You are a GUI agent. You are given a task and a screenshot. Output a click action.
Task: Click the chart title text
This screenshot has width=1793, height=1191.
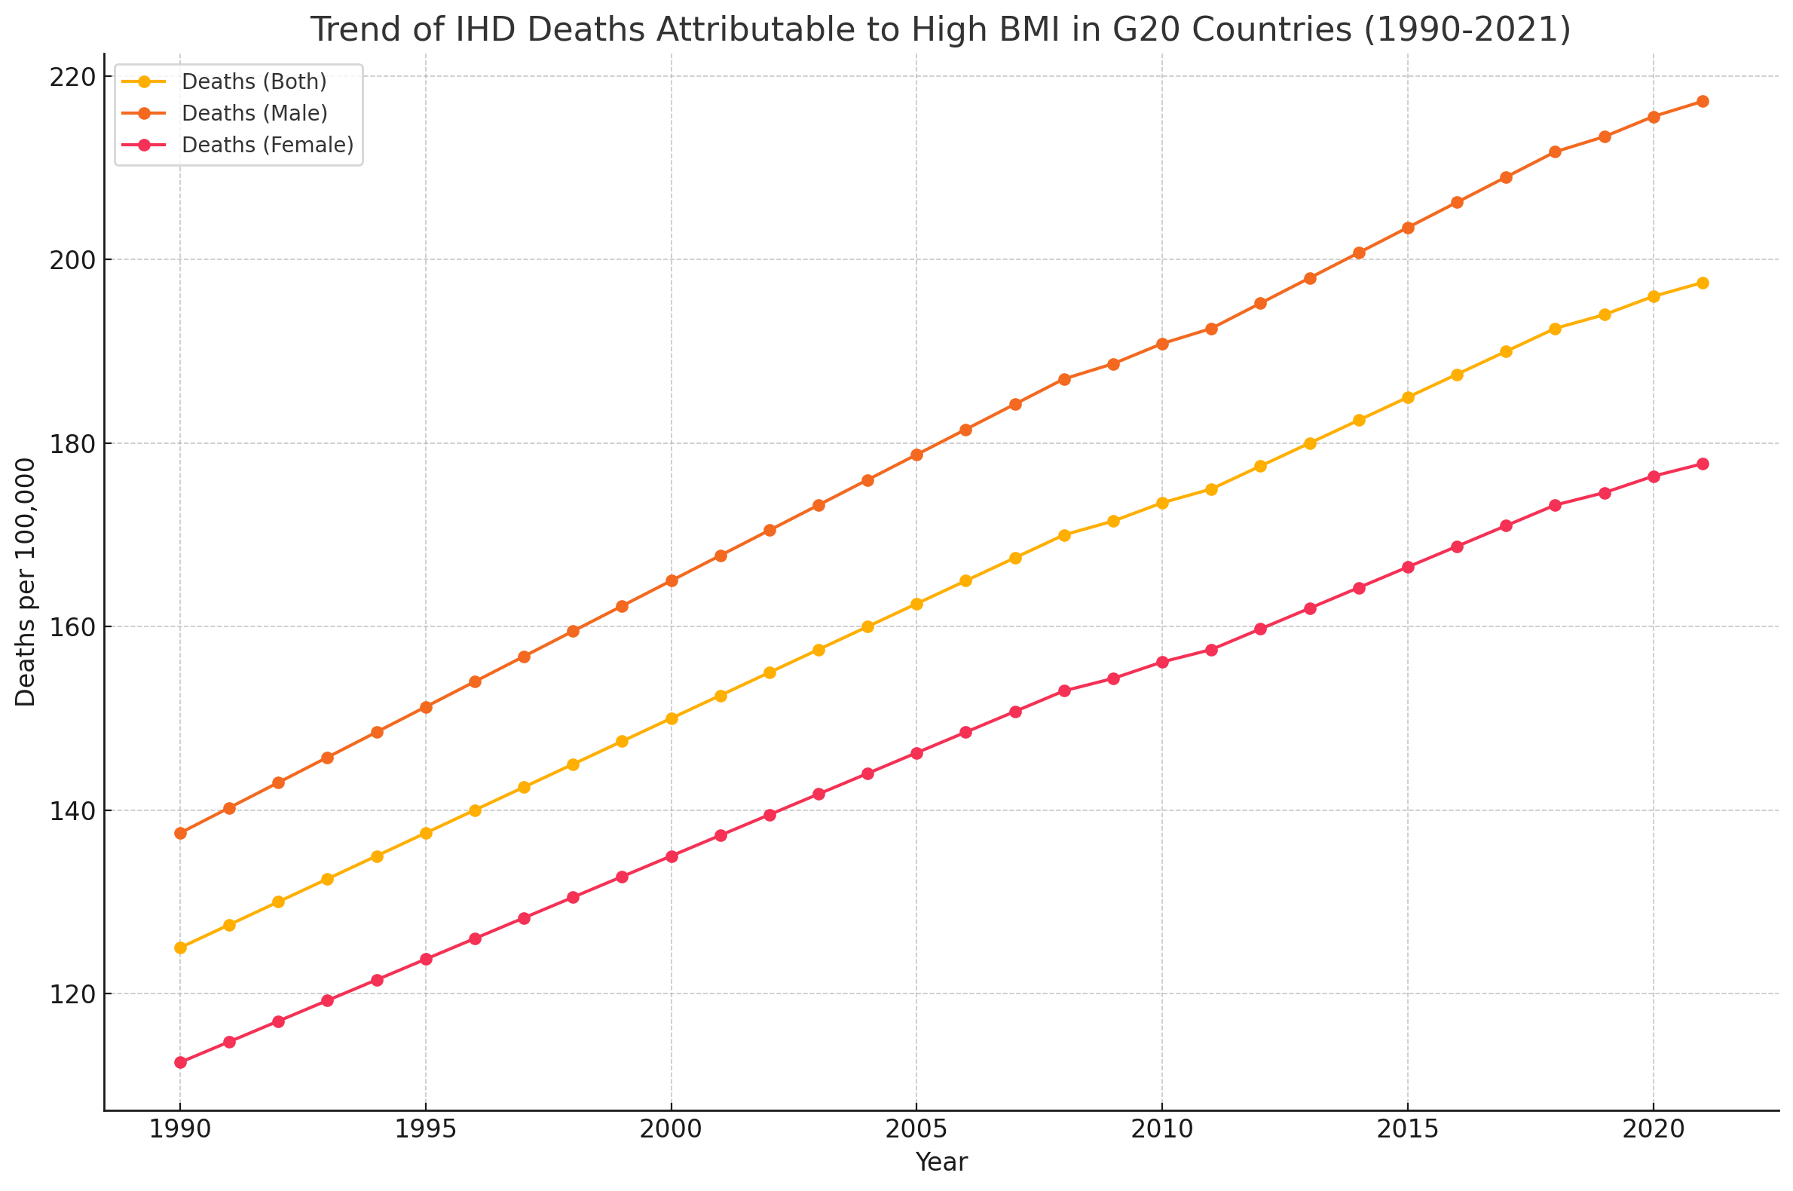940,30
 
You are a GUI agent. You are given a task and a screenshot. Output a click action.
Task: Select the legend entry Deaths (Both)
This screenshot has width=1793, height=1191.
254,81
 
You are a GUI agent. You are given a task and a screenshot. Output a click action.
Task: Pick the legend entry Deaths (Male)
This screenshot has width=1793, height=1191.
255,113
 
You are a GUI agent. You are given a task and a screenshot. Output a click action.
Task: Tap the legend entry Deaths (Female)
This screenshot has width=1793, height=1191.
268,145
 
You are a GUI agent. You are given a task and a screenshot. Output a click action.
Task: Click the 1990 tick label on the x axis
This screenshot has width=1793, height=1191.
180,1130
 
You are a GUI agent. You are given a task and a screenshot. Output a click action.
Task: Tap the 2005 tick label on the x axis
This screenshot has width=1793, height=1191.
916,1130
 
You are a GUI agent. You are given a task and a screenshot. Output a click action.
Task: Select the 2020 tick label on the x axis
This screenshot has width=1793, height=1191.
1654,1130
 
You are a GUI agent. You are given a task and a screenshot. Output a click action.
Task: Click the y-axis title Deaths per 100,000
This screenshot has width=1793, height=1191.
26,582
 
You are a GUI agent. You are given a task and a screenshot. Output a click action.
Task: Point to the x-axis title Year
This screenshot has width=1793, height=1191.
941,1163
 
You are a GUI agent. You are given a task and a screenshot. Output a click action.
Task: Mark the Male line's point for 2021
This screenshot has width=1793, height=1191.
1703,102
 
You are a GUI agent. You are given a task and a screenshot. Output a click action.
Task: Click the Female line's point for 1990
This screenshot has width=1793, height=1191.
180,1063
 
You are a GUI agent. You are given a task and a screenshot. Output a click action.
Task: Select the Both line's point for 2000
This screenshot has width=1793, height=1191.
672,718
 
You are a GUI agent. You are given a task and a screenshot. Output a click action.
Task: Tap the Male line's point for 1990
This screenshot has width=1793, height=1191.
180,833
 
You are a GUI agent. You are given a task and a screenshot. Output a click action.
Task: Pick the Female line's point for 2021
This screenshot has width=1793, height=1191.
1703,464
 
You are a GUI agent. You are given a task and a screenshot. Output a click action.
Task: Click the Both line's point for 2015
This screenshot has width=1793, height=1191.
1408,397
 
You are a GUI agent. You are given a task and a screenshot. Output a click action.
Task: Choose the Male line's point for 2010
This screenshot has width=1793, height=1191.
1162,344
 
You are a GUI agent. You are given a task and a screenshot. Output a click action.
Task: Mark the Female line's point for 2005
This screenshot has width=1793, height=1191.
916,754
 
